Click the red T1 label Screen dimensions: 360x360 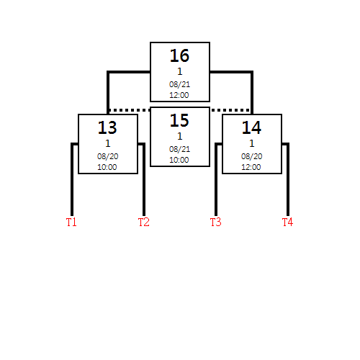point(71,222)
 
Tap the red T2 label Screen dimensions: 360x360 point(143,222)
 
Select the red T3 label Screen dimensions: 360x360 point(215,222)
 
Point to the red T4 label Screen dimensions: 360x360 point(287,222)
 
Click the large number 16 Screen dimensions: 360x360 point(179,55)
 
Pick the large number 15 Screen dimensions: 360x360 point(179,120)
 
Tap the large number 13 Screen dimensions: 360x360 point(107,127)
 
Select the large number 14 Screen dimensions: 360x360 point(251,127)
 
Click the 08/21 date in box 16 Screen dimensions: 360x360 point(179,84)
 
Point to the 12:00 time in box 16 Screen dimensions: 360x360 point(179,95)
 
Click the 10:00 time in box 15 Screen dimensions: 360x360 point(179,160)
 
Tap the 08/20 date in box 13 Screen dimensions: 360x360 point(107,156)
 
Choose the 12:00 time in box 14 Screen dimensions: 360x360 point(251,167)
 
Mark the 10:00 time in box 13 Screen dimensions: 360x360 point(107,167)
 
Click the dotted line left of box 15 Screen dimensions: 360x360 point(130,110)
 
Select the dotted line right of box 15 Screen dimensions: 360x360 point(231,110)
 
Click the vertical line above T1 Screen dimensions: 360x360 point(72,179)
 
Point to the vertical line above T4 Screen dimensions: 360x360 point(288,179)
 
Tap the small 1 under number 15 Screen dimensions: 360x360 point(180,136)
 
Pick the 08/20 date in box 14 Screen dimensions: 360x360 point(251,156)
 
